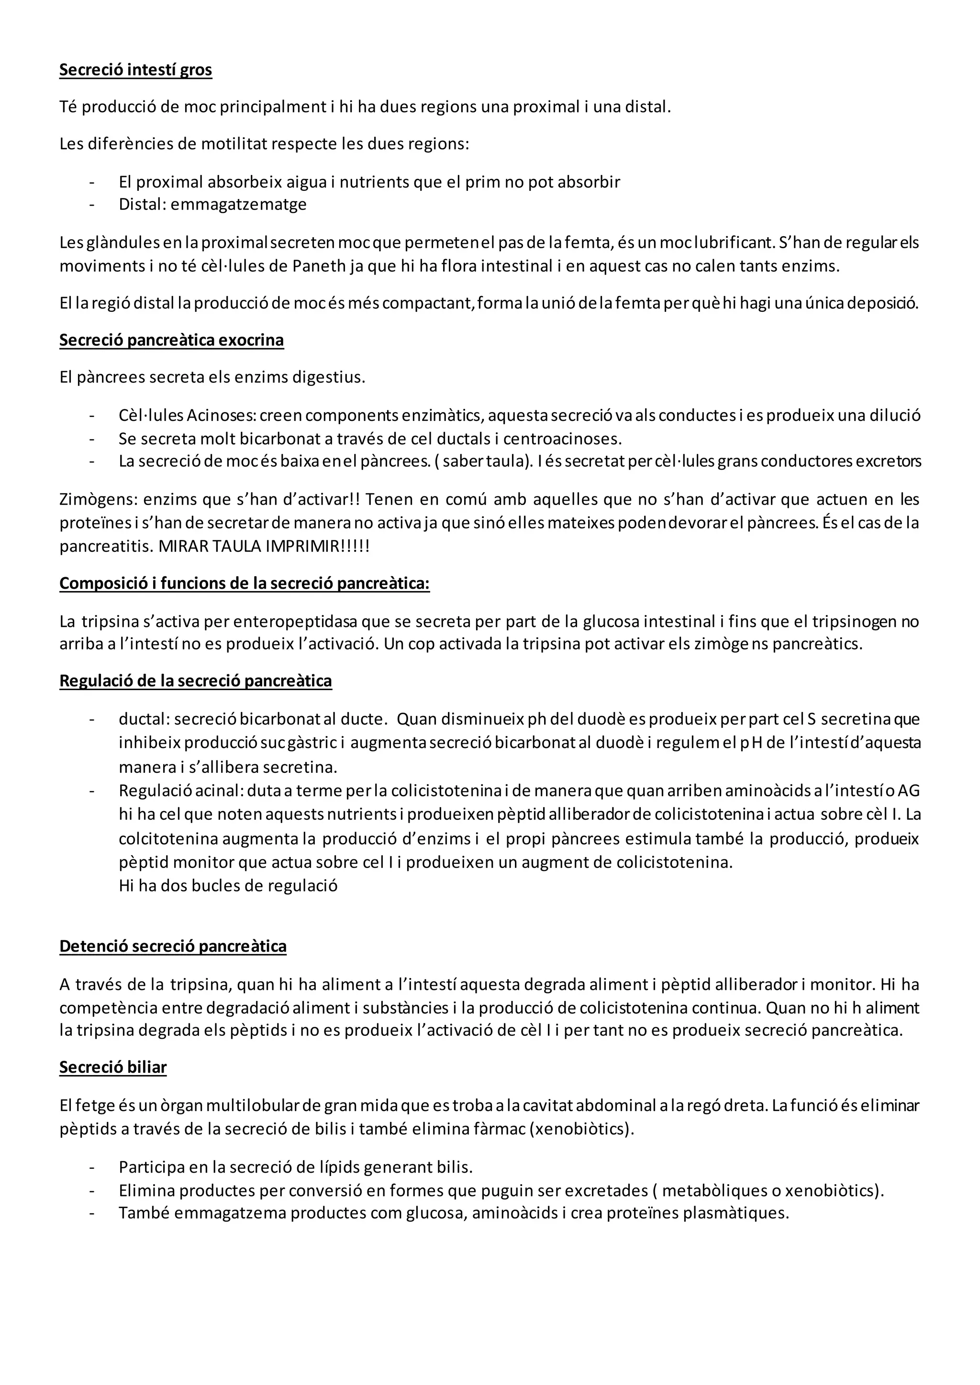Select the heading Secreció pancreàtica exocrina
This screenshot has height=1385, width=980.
tap(171, 340)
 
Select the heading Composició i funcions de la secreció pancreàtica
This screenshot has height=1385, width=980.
tap(245, 583)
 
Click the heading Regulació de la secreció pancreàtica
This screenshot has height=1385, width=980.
tap(196, 681)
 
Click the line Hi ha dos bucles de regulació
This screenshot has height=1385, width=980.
tap(228, 886)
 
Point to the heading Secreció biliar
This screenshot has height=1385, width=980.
tap(113, 1067)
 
